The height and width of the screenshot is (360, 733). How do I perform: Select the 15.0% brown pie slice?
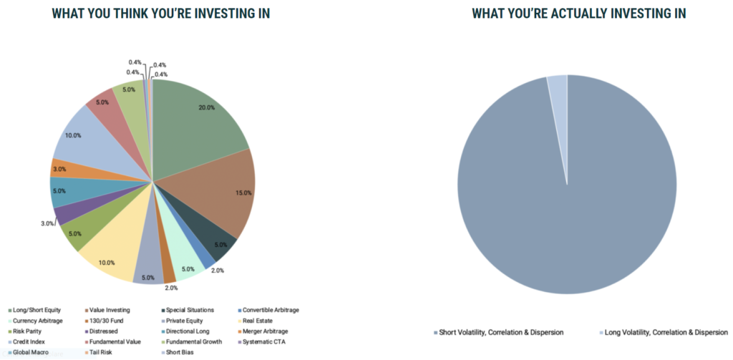222,190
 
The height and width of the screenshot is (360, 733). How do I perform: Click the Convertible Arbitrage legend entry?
271,310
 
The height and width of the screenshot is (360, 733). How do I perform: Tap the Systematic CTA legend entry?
266,342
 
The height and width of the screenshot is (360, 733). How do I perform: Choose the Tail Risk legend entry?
101,353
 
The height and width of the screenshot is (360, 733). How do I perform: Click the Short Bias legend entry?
179,353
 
